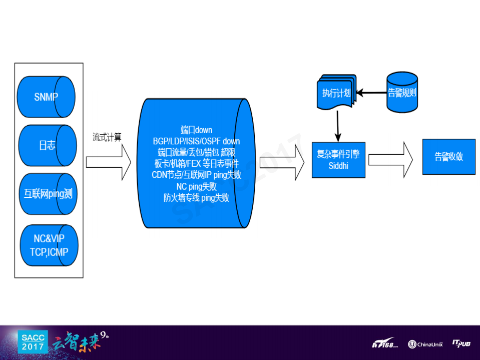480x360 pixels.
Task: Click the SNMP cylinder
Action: [x=46, y=97]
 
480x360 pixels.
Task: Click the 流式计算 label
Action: [x=107, y=137]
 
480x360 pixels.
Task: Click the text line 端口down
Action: [x=196, y=130]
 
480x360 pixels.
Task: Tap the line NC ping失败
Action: [x=196, y=186]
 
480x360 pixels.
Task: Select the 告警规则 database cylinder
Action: [x=402, y=92]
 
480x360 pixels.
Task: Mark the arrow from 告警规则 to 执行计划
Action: [x=371, y=93]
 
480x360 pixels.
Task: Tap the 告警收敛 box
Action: [x=448, y=156]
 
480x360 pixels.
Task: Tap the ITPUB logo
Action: [x=461, y=343]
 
